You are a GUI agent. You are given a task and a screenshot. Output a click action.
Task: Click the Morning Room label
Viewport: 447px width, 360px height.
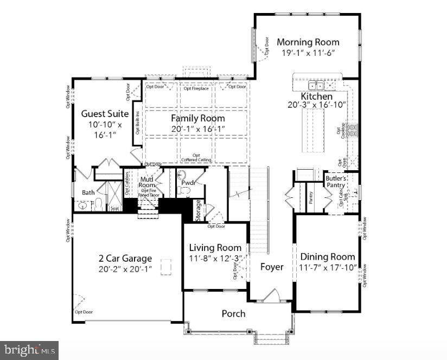(x=308, y=42)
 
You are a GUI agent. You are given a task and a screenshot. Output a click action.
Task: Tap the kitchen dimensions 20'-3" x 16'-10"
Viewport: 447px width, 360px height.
(x=317, y=105)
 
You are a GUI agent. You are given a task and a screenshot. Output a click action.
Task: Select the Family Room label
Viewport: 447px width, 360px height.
(x=197, y=118)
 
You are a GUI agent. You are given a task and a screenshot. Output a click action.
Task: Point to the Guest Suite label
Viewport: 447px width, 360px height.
(x=105, y=114)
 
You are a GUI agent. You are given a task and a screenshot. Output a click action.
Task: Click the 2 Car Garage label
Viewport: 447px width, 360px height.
(x=125, y=259)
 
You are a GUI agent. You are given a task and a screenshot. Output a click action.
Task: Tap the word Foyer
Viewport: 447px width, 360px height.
(x=272, y=267)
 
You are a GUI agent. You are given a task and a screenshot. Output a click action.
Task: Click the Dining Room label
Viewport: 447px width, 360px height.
(x=328, y=256)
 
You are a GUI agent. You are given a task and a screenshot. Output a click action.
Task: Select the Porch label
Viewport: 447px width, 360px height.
(x=233, y=313)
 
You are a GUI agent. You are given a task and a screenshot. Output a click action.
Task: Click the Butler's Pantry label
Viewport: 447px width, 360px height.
(x=335, y=181)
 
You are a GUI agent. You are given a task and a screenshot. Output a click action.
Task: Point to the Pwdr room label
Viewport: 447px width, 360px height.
(x=189, y=183)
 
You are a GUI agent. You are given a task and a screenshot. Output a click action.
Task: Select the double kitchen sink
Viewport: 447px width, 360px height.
(x=316, y=86)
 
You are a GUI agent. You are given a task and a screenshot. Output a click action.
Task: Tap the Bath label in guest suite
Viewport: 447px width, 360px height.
(x=88, y=192)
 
